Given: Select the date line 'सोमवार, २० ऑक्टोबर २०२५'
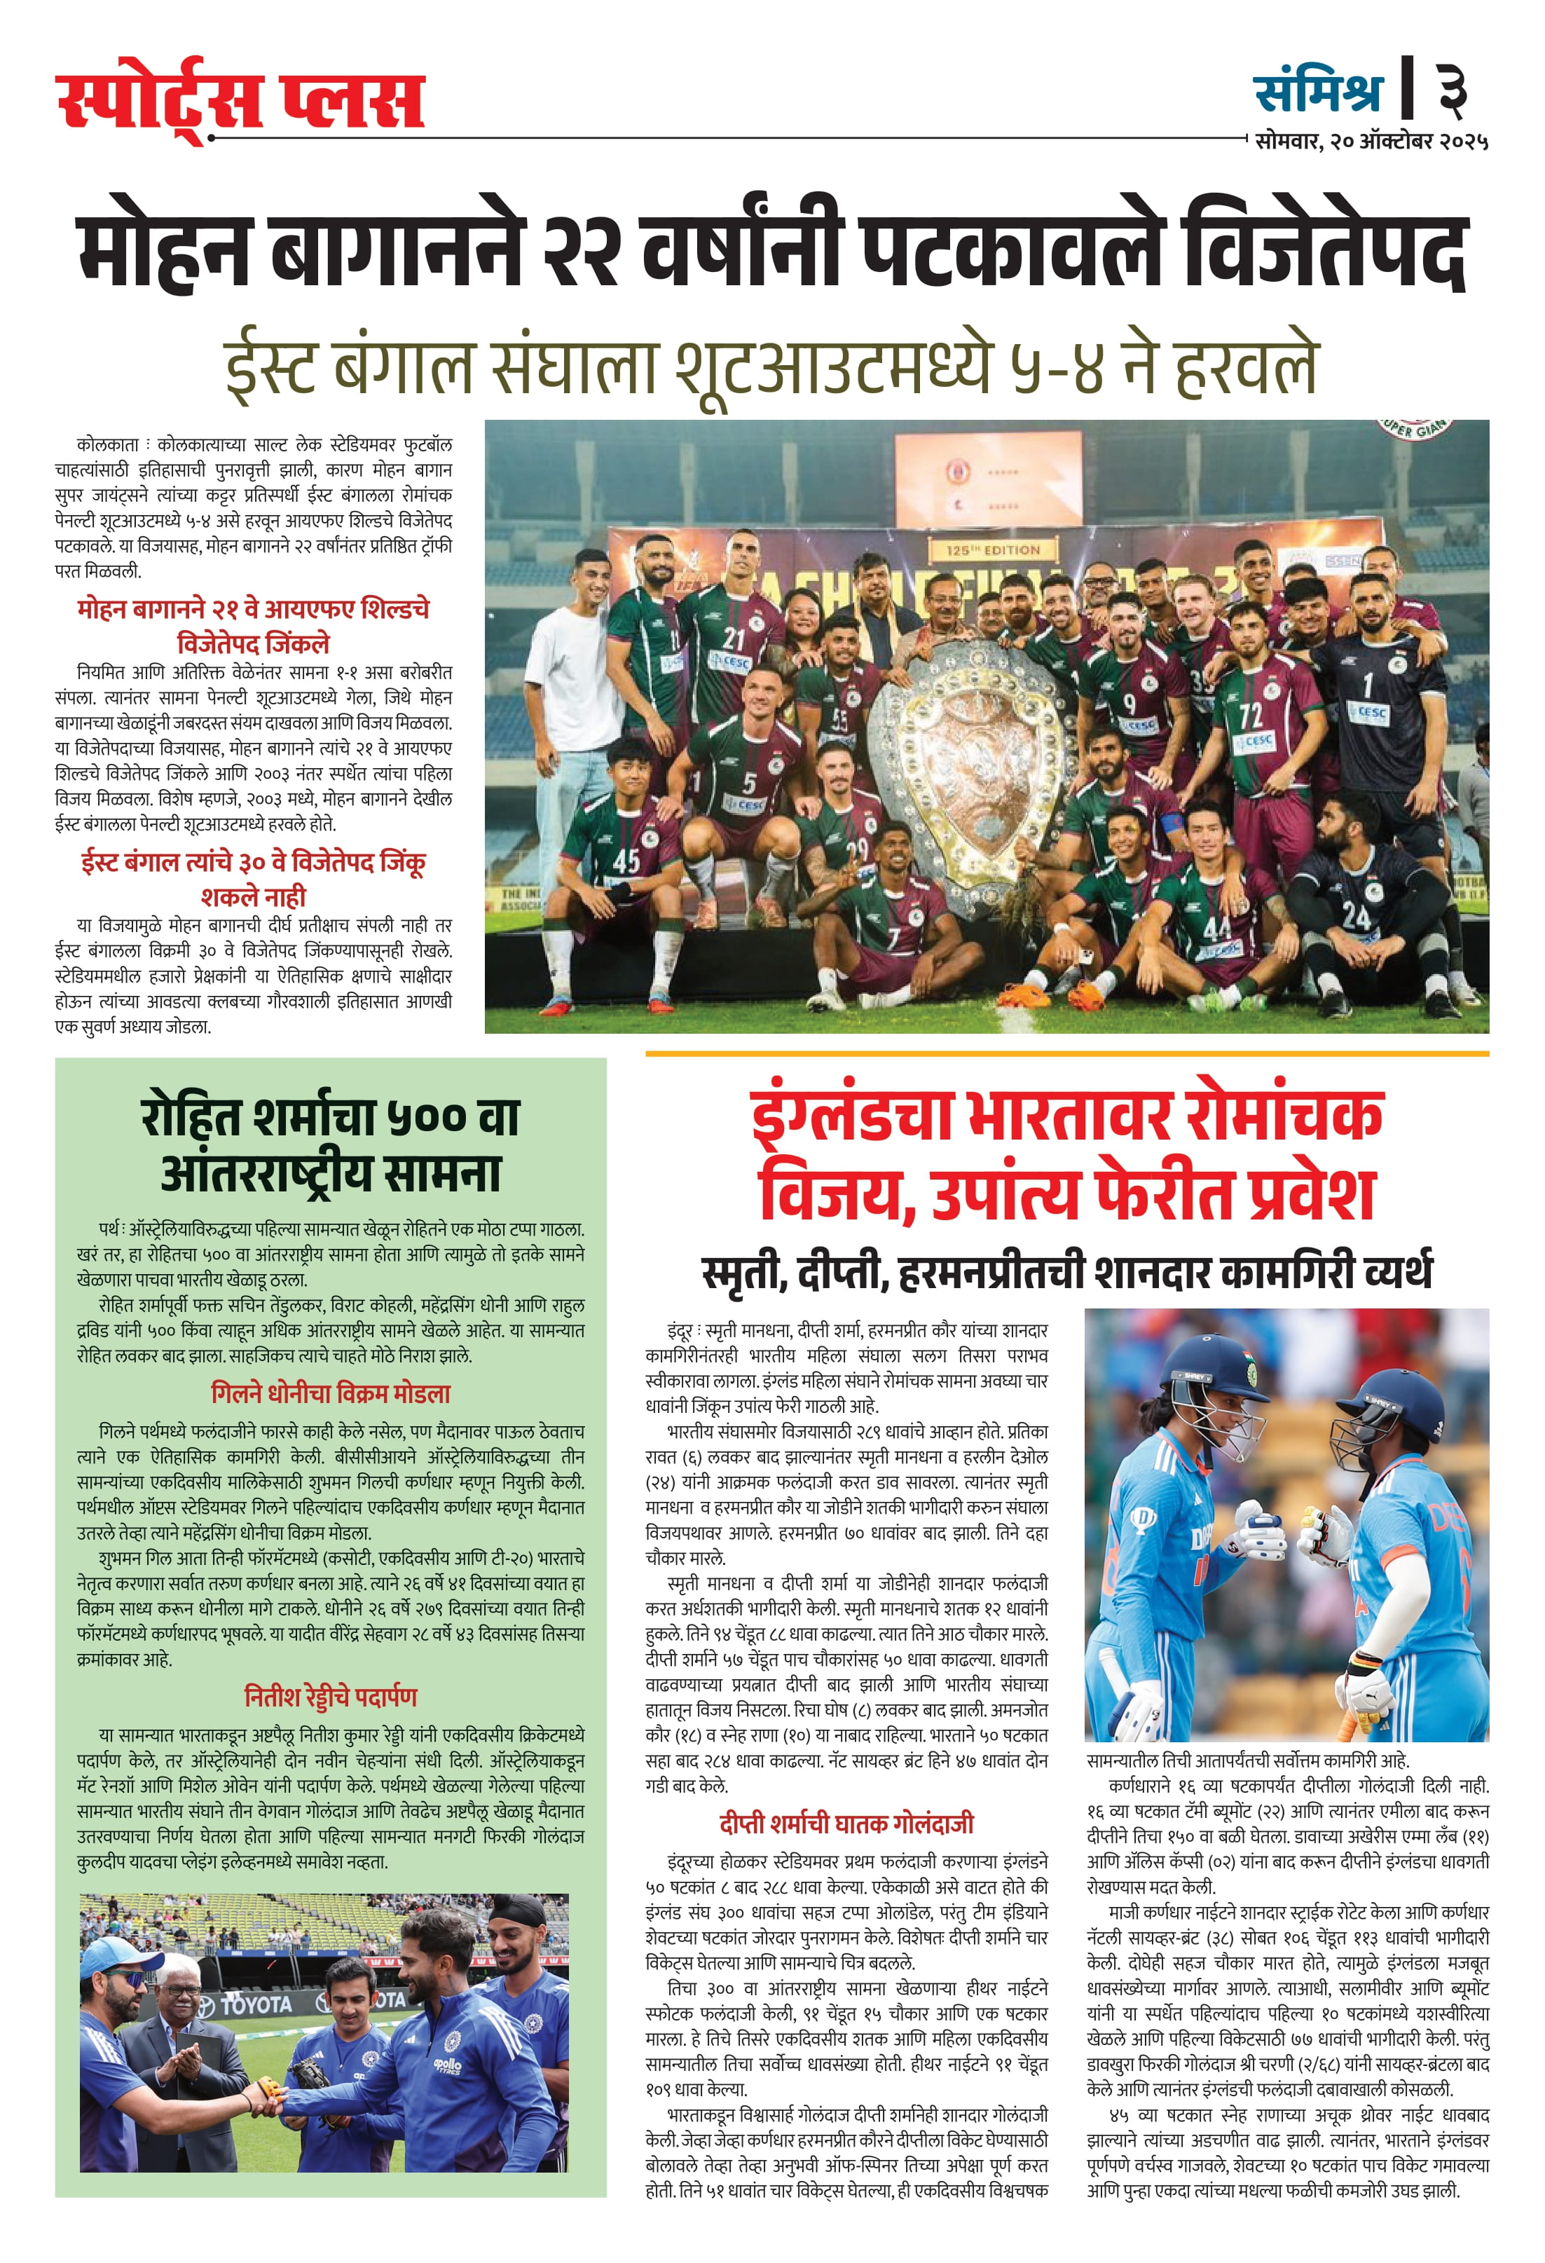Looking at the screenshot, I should coord(1371,141).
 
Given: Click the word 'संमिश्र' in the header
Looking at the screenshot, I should coord(1318,93).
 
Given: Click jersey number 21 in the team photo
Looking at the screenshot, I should coord(733,638).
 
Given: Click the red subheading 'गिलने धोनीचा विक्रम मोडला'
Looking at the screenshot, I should coord(331,1393).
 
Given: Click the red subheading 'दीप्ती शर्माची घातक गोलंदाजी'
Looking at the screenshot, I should coord(846,1824).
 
